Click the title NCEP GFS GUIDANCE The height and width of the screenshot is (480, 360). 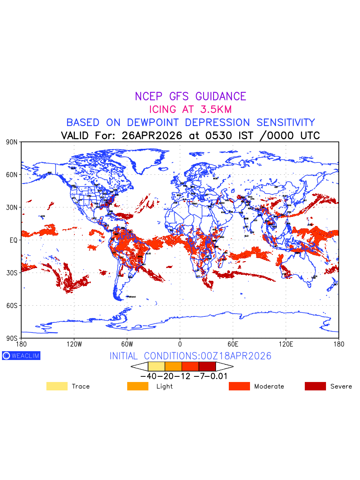tap(190, 96)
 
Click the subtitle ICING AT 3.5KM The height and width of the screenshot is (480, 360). tap(190, 109)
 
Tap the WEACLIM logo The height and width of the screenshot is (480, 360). tap(21, 356)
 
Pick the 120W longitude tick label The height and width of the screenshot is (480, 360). tap(74, 344)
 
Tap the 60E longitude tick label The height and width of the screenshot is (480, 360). tap(233, 344)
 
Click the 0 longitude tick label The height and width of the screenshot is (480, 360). tap(180, 344)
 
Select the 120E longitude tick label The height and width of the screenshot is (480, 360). tap(286, 344)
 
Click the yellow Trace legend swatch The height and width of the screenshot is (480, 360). tap(57, 386)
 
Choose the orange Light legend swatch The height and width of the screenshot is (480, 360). tap(138, 386)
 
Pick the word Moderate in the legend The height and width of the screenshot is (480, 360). tap(269, 386)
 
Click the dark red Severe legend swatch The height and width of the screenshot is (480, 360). tap(315, 386)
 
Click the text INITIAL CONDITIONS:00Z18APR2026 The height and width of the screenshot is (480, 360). tap(190, 356)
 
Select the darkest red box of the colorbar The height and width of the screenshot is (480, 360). tap(207, 366)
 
